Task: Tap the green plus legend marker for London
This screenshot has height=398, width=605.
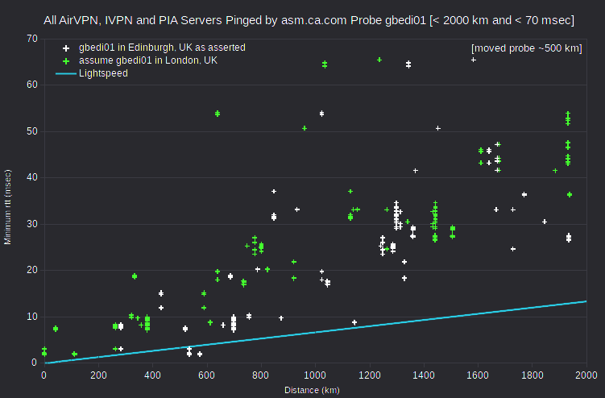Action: click(66, 61)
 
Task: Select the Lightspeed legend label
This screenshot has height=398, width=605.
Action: click(103, 73)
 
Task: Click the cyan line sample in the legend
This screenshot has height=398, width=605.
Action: click(66, 73)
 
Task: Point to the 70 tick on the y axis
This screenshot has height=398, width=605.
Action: click(32, 39)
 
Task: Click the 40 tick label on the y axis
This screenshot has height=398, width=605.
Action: click(32, 177)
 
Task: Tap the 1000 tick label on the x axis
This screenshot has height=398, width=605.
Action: click(315, 375)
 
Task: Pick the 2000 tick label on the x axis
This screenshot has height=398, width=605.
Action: click(586, 375)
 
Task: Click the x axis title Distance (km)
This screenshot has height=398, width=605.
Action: click(312, 390)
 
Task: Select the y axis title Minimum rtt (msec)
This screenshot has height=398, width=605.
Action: click(8, 207)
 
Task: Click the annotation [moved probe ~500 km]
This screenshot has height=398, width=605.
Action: click(527, 48)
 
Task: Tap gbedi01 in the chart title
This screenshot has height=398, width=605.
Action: click(405, 20)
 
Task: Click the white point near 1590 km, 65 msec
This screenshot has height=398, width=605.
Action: click(474, 60)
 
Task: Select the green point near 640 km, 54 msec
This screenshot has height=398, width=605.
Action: click(218, 114)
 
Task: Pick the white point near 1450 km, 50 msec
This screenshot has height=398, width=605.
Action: click(438, 128)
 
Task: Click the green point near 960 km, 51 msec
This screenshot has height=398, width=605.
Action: click(305, 128)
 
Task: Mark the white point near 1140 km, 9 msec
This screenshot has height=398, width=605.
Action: click(354, 322)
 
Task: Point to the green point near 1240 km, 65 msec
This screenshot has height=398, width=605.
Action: click(379, 60)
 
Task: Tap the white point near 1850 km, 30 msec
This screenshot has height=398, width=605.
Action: click(545, 222)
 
